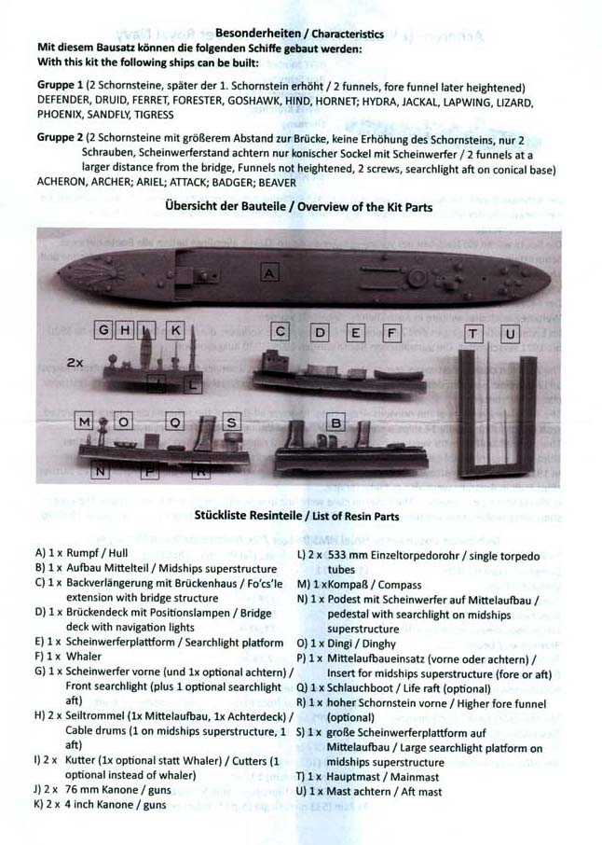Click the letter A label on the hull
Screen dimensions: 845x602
click(269, 272)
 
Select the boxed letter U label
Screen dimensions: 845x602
click(510, 334)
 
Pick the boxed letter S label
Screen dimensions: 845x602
click(233, 422)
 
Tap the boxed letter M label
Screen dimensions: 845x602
click(86, 422)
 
